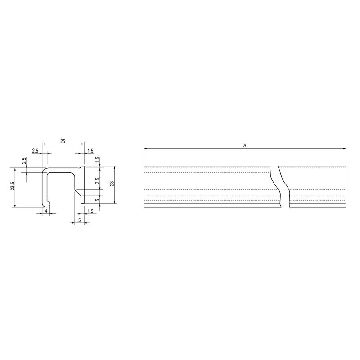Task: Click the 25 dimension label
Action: click(x=63, y=141)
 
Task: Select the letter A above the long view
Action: click(x=245, y=145)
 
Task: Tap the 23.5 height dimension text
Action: click(x=13, y=186)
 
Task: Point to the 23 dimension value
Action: click(x=112, y=184)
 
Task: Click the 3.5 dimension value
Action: click(x=97, y=180)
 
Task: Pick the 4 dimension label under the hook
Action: click(x=46, y=211)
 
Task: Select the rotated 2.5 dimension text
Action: click(x=24, y=161)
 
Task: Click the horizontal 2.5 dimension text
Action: click(x=35, y=151)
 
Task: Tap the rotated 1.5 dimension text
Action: click(x=97, y=160)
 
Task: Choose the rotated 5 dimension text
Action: click(x=98, y=200)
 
